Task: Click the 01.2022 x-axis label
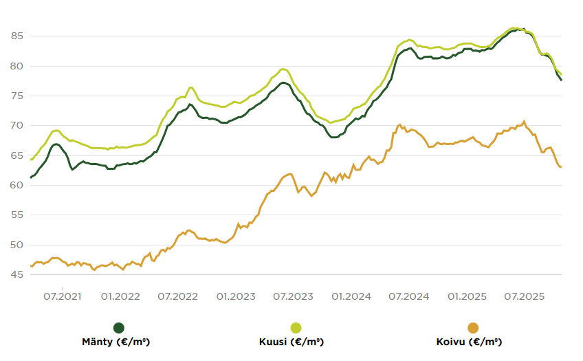120,297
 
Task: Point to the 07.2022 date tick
178,297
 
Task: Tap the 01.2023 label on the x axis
236,297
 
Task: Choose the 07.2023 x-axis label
294,297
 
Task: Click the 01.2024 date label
352,297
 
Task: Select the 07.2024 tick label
410,297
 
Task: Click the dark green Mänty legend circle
119,328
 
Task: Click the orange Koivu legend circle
473,328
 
